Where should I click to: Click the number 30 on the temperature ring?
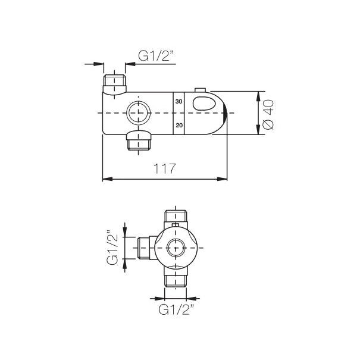pos(178,101)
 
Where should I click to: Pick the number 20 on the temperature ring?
pos(178,125)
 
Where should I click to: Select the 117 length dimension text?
pos(164,169)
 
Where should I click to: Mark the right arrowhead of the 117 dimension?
pos(224,178)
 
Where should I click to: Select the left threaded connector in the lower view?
pos(143,247)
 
